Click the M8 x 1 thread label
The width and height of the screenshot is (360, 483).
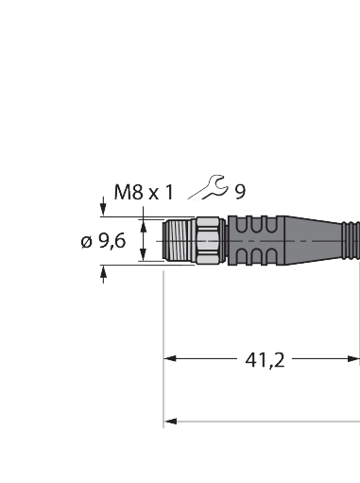pos(143,192)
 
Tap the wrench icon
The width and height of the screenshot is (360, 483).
pos(208,191)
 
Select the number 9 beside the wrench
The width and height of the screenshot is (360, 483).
pos(240,192)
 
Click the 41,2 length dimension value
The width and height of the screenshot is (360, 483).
pos(265,359)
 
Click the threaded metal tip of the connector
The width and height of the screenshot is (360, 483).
pos(179,241)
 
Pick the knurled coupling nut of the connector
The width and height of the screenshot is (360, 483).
pos(208,241)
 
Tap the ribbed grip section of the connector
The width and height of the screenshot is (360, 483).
pos(253,241)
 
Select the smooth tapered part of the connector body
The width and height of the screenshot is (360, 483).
pos(317,241)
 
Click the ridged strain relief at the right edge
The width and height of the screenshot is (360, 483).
pos(353,241)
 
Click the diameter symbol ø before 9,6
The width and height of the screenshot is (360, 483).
pos(86,242)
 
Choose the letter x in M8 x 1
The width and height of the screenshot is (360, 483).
pos(155,193)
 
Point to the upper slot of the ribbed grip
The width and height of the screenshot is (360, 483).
pos(253,227)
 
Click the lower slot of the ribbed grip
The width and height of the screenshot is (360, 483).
pos(253,256)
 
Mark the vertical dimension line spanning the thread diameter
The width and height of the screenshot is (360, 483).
pos(144,241)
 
